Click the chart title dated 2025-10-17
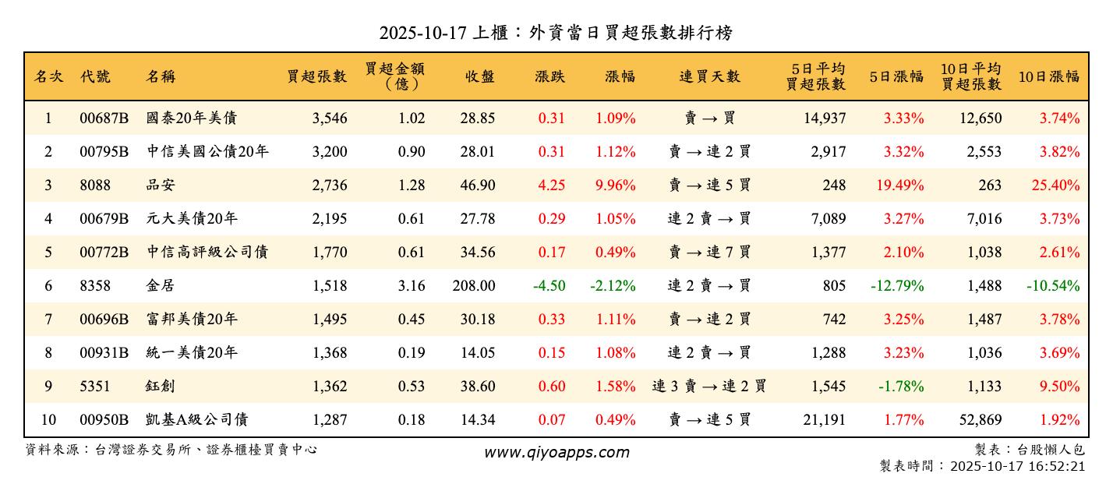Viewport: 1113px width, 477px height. click(556, 33)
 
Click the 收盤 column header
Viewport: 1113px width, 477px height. click(480, 76)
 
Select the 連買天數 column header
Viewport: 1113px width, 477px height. click(709, 76)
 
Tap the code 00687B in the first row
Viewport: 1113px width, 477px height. click(104, 118)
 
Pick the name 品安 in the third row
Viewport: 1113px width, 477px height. click(162, 185)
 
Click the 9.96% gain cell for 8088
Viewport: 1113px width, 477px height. click(615, 185)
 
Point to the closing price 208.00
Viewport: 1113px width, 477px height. click(473, 286)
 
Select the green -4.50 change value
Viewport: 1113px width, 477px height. click(549, 286)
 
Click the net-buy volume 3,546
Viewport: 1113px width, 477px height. click(329, 118)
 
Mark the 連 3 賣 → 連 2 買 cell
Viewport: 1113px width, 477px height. click(709, 387)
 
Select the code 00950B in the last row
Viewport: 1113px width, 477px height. click(104, 420)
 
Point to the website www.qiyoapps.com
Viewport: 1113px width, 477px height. click(556, 452)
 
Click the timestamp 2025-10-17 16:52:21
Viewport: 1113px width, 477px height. click(982, 466)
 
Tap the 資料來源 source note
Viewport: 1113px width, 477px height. click(171, 450)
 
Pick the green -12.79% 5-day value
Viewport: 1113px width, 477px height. click(897, 286)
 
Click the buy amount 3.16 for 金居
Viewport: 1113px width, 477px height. click(411, 286)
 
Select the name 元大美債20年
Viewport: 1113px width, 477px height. click(192, 219)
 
